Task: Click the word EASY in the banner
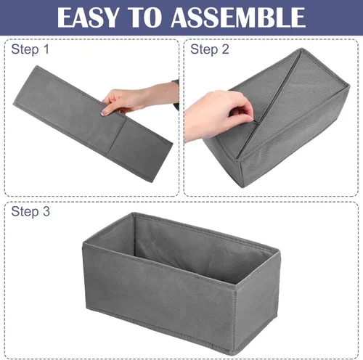pos(88,17)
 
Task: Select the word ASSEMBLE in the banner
pos(238,17)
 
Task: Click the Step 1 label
pos(30,49)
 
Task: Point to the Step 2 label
pos(210,49)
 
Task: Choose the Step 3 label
pos(30,211)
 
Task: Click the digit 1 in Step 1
pos(46,49)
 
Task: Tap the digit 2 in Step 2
pos(225,49)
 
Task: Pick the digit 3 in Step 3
pos(46,211)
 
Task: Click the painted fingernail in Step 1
pos(105,112)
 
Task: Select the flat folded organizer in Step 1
pos(92,123)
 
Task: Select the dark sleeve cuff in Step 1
pos(176,93)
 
